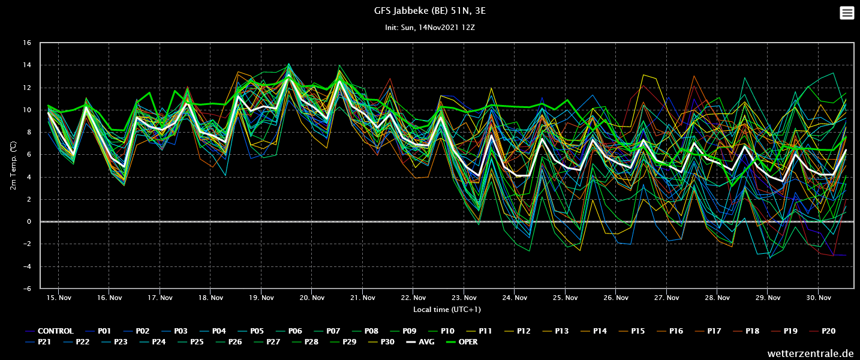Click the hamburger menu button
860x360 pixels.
(847, 13)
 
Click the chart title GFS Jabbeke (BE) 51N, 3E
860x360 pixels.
(429, 11)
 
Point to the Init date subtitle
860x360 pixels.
(429, 28)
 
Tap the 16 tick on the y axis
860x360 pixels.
(27, 43)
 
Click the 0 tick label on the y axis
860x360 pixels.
(29, 221)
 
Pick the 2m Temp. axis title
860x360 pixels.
(13, 166)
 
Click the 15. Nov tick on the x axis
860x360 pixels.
(59, 298)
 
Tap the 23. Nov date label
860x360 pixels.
(464, 298)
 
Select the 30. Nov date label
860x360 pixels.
(818, 298)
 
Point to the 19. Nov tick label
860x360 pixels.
(261, 298)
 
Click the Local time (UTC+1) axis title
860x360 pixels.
(447, 310)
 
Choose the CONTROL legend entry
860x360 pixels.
(49, 331)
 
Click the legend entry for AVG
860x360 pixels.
(420, 342)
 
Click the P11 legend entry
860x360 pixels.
(479, 331)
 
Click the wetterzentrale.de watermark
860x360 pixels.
(810, 353)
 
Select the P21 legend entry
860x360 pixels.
(38, 342)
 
